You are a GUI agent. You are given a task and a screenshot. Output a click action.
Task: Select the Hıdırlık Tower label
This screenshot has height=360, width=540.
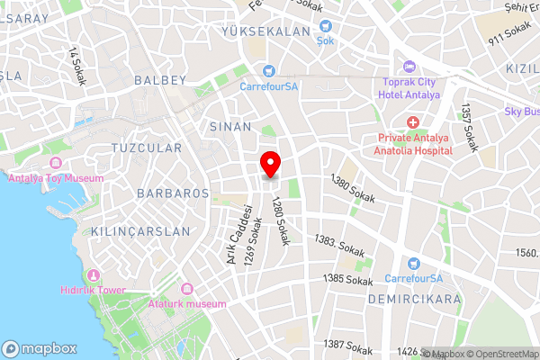[x=93, y=291]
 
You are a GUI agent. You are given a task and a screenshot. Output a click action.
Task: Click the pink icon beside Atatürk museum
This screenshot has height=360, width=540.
[x=188, y=289]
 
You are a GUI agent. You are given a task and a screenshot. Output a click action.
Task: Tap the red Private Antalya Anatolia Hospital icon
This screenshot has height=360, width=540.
[x=412, y=122]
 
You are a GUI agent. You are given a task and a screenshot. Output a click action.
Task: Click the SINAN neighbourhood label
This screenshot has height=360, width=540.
[x=230, y=127]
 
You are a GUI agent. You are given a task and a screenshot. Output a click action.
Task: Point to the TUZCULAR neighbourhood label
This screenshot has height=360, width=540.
[x=146, y=148]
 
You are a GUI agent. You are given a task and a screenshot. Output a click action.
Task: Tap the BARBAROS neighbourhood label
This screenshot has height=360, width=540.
[x=173, y=193]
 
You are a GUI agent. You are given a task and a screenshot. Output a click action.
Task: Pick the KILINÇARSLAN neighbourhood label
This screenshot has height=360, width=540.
[x=140, y=231]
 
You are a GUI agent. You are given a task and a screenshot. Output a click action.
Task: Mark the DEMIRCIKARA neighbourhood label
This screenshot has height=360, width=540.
[x=419, y=298]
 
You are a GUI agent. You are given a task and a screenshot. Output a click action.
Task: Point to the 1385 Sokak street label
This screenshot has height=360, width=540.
[x=346, y=279]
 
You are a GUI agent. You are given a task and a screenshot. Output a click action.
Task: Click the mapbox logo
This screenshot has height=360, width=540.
[x=39, y=348]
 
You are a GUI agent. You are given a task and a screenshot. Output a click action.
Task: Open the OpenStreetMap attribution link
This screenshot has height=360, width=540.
[x=501, y=353]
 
